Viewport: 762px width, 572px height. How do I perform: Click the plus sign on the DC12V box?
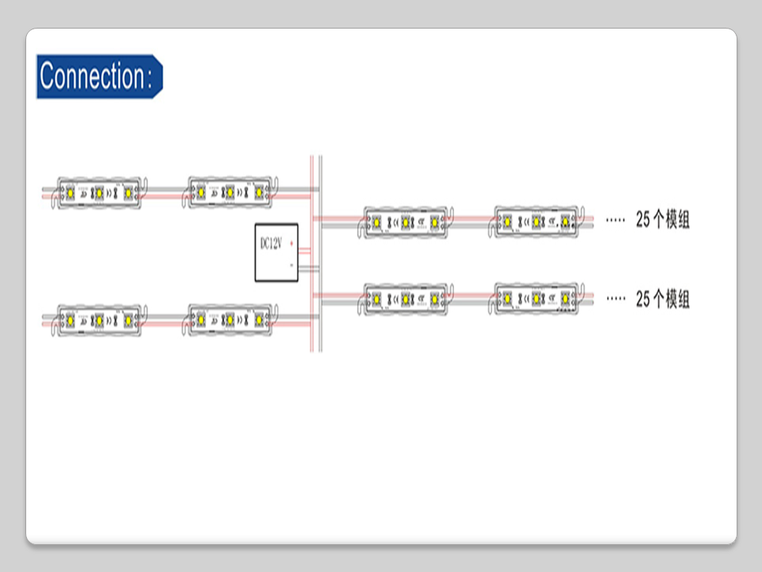[292, 242]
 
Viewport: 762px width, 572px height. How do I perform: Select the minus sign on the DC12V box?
[292, 264]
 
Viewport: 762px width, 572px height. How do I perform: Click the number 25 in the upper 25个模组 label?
[643, 220]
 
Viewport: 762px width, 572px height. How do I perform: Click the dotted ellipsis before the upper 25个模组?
[615, 220]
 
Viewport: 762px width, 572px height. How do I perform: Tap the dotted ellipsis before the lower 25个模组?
[615, 300]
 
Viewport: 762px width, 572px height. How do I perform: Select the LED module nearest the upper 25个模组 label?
[537, 221]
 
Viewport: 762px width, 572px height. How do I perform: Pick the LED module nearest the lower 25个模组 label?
[537, 299]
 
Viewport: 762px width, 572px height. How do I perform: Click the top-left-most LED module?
[98, 191]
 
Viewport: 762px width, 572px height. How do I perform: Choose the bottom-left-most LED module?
[98, 319]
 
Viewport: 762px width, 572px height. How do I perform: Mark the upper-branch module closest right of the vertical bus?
[406, 221]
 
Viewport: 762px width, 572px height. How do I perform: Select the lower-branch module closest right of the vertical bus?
[406, 299]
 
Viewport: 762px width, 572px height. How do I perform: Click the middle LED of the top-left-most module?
[98, 192]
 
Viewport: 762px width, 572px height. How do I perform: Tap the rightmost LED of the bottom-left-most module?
[126, 319]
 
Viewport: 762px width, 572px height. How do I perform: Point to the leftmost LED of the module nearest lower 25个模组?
[509, 300]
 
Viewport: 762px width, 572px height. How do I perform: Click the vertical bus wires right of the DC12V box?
[316, 254]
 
